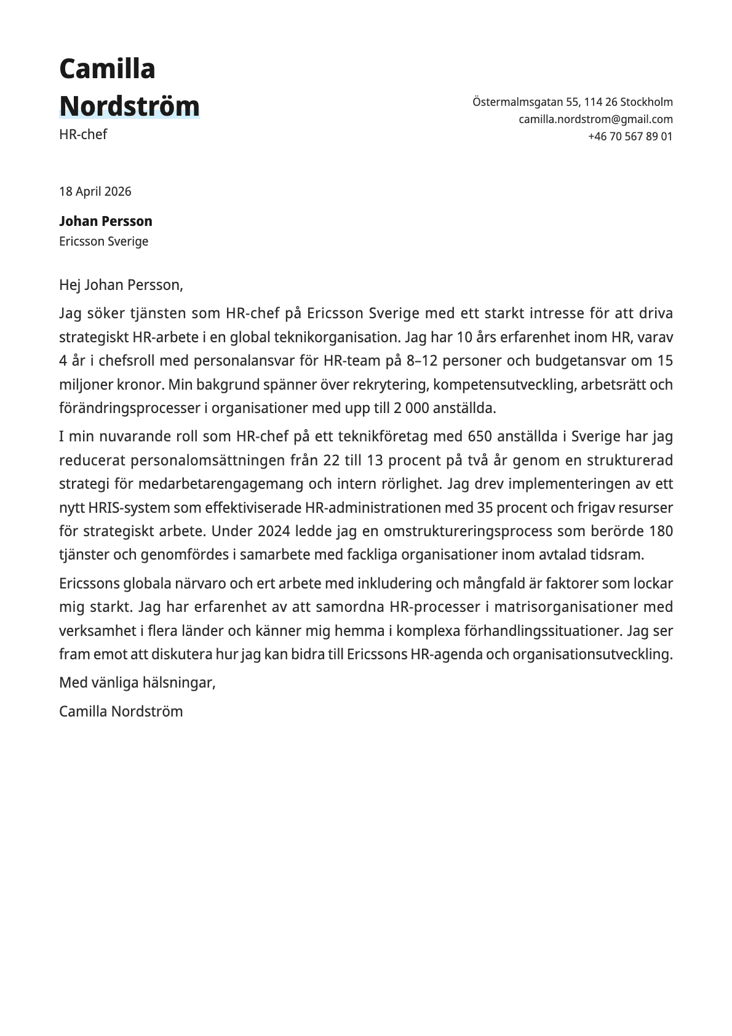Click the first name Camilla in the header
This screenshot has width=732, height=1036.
point(107,69)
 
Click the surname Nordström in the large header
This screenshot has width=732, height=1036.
point(129,106)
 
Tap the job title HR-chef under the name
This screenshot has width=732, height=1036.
point(83,134)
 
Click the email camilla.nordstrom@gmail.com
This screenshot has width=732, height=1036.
point(595,119)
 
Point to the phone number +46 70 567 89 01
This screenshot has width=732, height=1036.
point(630,137)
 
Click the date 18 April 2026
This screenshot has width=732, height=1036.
point(95,191)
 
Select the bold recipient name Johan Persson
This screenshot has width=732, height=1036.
point(106,221)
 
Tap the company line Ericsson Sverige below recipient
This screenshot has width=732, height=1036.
point(104,241)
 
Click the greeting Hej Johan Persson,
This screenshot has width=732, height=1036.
point(121,285)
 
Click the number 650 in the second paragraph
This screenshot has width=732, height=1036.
point(480,436)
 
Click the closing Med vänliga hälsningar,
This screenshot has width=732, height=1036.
point(137,683)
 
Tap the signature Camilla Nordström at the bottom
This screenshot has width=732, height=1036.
point(121,712)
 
